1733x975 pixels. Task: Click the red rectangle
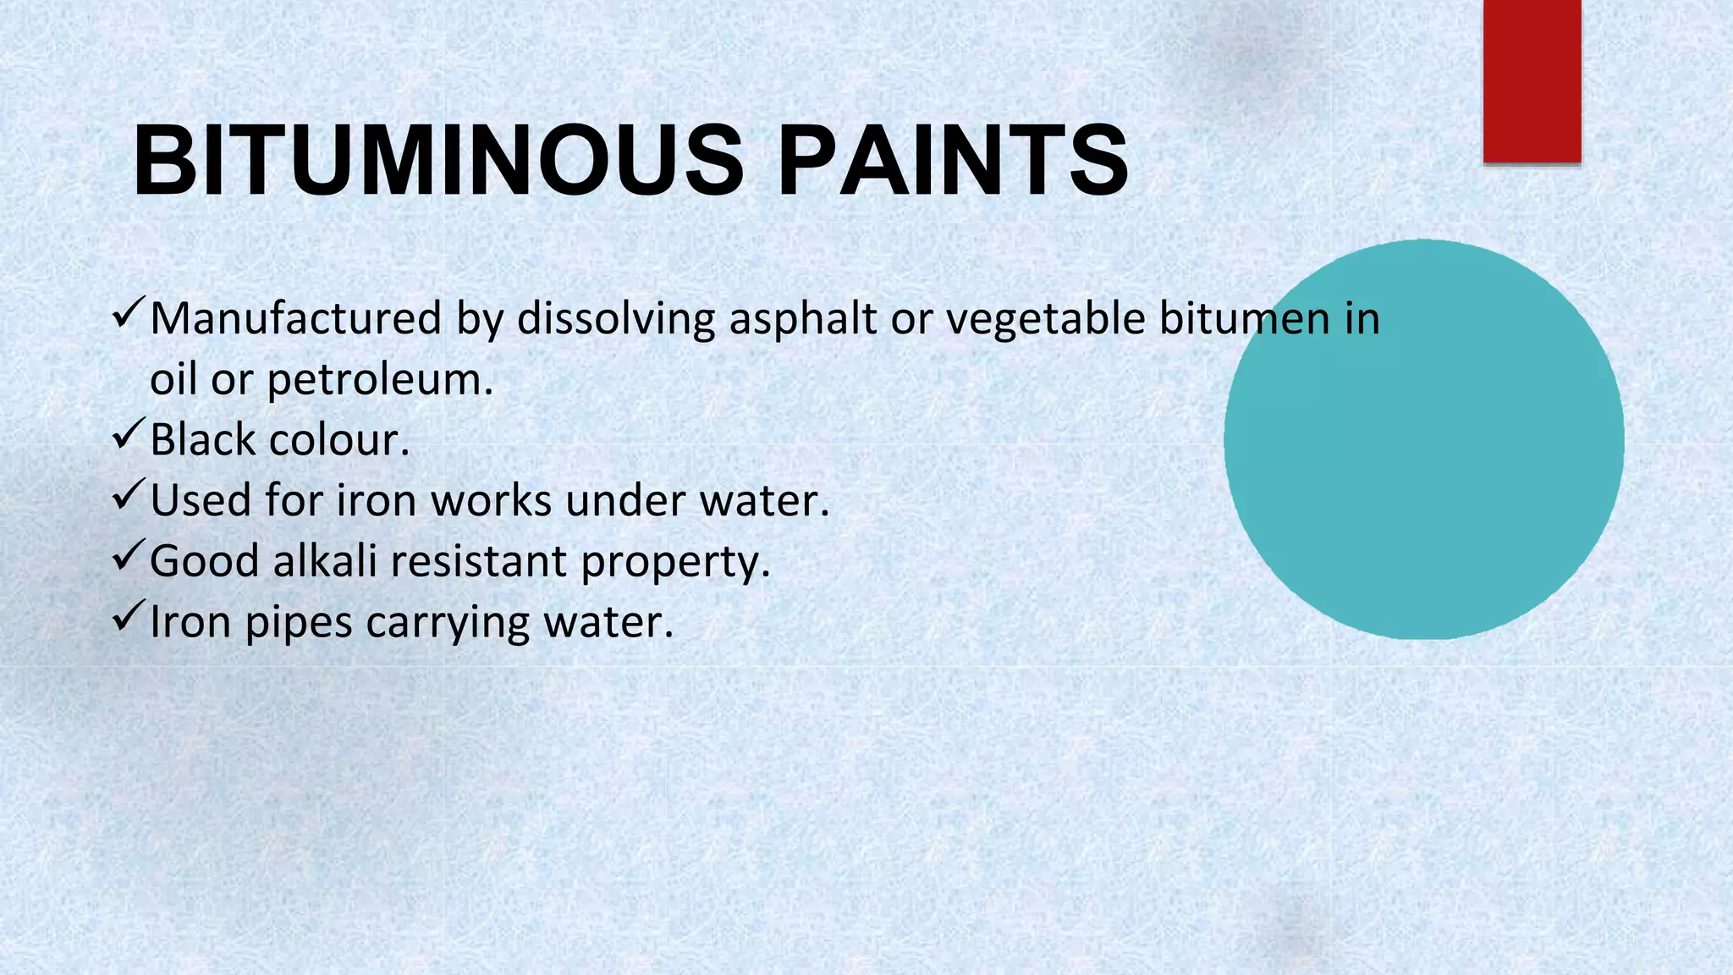[1532, 80]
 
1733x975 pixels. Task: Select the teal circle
[1423, 439]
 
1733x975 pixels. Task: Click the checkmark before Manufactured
[129, 315]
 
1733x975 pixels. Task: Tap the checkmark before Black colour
[129, 436]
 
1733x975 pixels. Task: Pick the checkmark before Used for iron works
[129, 497]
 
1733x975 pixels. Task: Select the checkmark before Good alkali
[129, 558]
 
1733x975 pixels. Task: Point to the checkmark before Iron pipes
[129, 618]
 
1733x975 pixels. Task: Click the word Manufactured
[295, 319]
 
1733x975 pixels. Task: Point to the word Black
[202, 440]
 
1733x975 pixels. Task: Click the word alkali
[324, 561]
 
